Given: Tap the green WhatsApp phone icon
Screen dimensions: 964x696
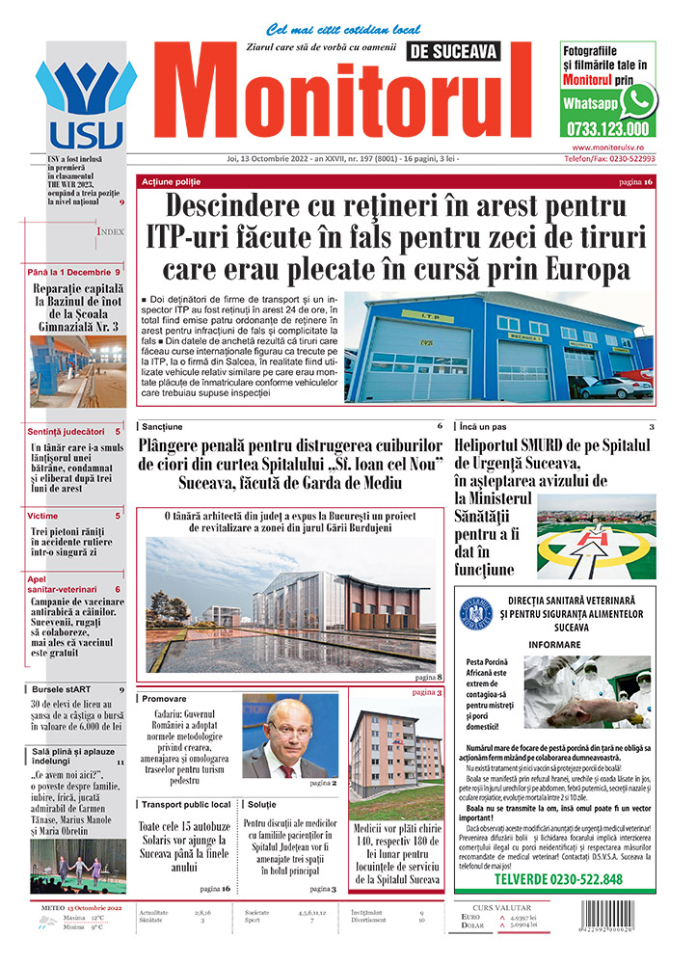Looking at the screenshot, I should pos(639,100).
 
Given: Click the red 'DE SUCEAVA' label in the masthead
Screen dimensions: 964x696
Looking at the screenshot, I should pos(452,50).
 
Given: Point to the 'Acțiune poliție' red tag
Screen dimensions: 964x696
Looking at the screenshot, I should pos(172,182).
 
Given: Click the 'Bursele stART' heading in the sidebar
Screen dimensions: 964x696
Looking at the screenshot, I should pos(64,690).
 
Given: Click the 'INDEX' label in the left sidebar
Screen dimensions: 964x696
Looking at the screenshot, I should pos(110,232).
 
